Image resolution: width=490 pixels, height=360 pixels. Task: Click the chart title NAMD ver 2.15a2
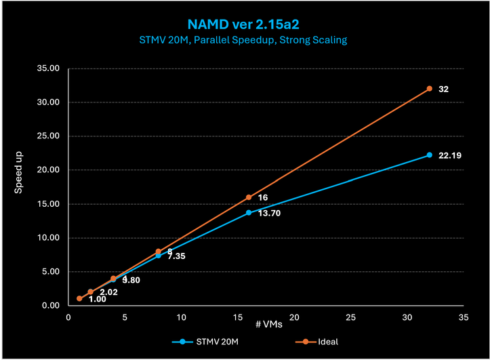(245, 25)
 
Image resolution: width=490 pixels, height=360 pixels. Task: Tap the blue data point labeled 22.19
(430, 155)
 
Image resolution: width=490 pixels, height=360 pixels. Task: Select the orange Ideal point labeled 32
(430, 89)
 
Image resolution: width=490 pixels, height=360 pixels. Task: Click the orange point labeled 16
(249, 197)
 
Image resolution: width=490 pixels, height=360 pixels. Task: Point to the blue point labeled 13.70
(249, 213)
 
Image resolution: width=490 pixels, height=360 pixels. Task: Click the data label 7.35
(176, 256)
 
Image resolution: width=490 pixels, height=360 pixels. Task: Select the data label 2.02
(109, 292)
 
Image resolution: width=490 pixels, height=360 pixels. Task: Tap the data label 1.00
(97, 299)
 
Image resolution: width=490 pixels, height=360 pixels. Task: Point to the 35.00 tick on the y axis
(49, 68)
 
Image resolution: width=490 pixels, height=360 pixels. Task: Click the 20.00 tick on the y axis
(49, 170)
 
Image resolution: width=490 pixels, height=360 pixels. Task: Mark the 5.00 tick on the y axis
(52, 272)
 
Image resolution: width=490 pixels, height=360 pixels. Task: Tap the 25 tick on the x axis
(351, 317)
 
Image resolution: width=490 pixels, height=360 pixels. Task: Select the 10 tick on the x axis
(181, 317)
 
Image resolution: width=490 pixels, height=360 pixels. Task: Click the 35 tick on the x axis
(464, 317)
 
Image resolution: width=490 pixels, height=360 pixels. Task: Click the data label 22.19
(450, 155)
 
